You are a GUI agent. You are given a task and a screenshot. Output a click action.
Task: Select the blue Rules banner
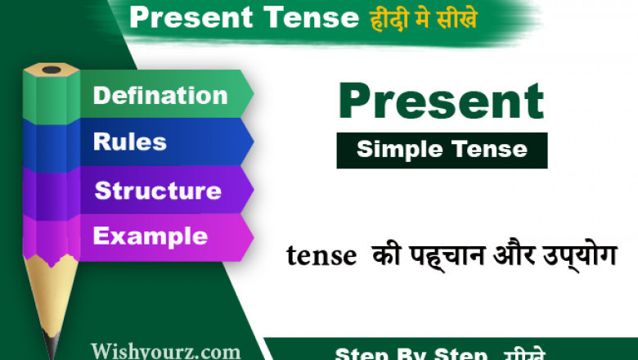[131, 142]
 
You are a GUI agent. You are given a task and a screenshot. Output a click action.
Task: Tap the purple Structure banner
[158, 191]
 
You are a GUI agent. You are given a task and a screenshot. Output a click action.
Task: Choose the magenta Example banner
[151, 236]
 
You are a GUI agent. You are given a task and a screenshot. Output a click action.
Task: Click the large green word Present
[441, 102]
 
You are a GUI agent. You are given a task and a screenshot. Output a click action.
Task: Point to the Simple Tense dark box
[442, 151]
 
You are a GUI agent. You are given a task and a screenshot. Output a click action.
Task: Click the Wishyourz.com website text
[166, 352]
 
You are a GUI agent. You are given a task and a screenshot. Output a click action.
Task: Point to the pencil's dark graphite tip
[52, 344]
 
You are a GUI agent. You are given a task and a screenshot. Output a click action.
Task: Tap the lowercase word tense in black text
[321, 256]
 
